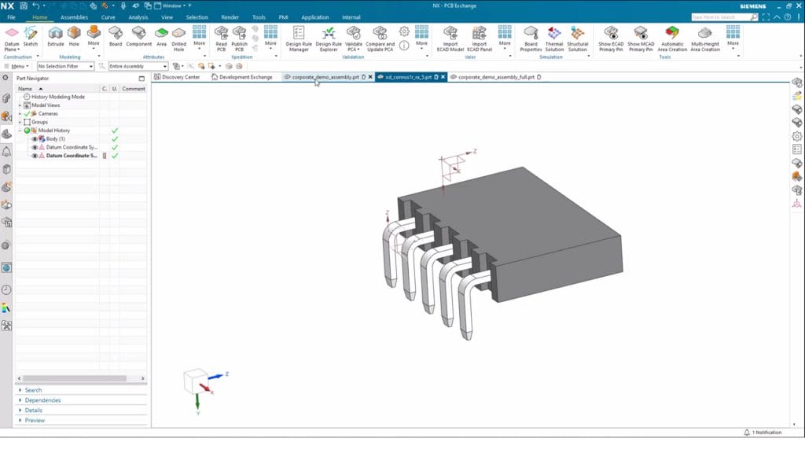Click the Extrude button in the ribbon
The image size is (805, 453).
coord(55,35)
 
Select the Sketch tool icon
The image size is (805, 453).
coord(31,35)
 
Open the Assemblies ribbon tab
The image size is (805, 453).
coord(74,17)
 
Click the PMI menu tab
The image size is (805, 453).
coord(284,17)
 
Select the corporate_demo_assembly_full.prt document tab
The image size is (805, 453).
coord(496,77)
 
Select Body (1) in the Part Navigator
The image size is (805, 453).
coord(56,138)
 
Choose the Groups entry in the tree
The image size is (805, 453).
coord(39,122)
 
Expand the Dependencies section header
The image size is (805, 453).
coord(42,400)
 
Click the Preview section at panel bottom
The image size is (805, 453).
coord(35,421)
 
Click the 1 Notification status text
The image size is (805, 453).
coord(766,433)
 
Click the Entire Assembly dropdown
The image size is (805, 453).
coord(138,66)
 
